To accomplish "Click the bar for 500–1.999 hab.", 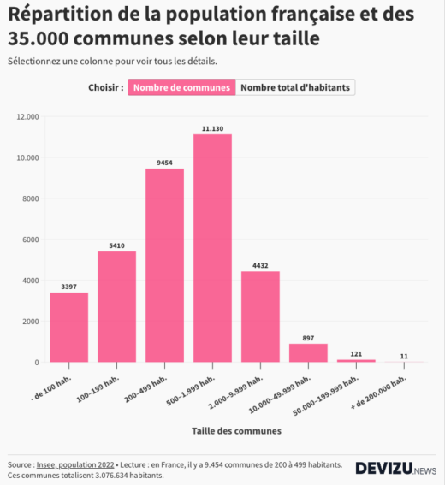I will (x=212, y=248).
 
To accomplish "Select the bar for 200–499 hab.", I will (x=164, y=265).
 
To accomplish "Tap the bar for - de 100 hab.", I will (x=68, y=328).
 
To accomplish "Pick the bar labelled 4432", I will (x=260, y=316).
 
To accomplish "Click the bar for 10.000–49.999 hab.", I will (x=308, y=352).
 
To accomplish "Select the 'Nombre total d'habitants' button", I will (x=295, y=87).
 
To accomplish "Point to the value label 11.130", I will (x=212, y=128).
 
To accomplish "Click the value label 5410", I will (x=116, y=245).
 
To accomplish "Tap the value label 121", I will (x=356, y=353).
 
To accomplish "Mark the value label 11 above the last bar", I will (x=404, y=356).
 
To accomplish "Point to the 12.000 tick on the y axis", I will (x=28, y=116).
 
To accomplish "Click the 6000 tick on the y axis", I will (x=31, y=240).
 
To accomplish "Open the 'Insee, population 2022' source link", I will (x=80, y=464).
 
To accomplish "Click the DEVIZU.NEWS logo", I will (x=395, y=469).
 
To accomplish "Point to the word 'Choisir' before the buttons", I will (x=105, y=87).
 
